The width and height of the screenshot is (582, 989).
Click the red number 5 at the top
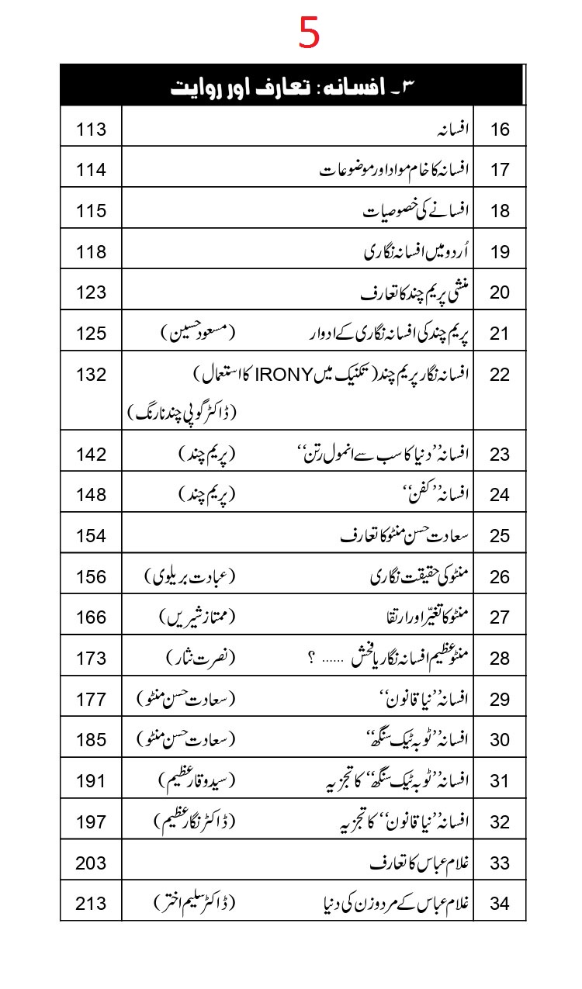coord(309,33)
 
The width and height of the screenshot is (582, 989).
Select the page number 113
coord(91,129)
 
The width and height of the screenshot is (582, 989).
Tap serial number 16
coord(501,130)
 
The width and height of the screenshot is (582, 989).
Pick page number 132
coord(91,374)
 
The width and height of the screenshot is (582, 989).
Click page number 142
coord(91,454)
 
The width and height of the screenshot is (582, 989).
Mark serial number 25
coord(501,535)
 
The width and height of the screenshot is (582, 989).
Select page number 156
coord(91,576)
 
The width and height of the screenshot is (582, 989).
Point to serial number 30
coord(501,740)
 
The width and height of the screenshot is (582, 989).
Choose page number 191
coord(91,780)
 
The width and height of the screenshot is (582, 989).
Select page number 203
coord(91,863)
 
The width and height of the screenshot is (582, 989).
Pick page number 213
coord(91,903)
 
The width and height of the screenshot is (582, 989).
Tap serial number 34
coord(501,904)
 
